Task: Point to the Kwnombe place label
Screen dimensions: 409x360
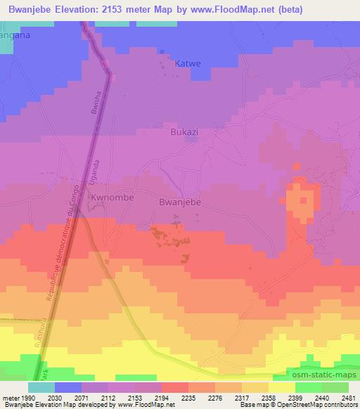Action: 112,200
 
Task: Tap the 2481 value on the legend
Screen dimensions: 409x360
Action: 347,398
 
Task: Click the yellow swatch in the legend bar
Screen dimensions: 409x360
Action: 281,387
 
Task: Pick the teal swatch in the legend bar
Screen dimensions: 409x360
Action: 41,387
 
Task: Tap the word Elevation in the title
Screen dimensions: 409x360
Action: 82,9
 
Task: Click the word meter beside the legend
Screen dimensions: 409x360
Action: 11,398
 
